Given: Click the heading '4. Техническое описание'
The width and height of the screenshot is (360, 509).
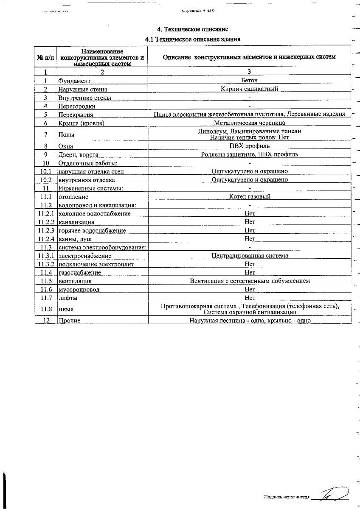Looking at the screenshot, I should [x=193, y=29].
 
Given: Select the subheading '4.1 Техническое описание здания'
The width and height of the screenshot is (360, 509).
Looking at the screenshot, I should [x=193, y=39].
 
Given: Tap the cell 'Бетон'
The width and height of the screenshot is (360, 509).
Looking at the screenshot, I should [x=250, y=80].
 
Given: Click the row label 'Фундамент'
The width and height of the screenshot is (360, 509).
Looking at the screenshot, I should [x=74, y=81].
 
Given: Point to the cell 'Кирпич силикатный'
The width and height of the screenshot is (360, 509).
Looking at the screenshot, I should [x=250, y=89].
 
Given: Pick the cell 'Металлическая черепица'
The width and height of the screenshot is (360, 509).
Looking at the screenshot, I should [x=250, y=123].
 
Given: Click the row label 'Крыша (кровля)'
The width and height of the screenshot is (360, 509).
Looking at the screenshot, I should [x=81, y=123].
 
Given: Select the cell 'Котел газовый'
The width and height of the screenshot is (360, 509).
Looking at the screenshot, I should [x=250, y=196].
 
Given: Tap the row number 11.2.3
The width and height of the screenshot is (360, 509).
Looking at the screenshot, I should [x=46, y=230].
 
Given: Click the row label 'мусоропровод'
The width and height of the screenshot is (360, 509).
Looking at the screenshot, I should [x=79, y=290].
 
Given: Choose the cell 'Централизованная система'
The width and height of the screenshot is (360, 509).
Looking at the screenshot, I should [x=250, y=256].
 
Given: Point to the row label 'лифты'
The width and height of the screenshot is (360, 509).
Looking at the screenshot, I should [x=67, y=298].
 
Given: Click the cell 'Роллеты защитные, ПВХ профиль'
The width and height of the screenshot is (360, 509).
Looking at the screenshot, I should [x=250, y=154].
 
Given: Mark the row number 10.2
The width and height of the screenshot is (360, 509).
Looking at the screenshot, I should [x=46, y=180].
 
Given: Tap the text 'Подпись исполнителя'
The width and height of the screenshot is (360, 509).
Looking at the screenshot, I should [x=287, y=497].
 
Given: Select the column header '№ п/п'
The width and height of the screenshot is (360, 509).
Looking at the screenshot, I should [x=46, y=57].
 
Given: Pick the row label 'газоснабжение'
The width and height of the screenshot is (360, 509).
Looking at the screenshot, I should [x=80, y=273].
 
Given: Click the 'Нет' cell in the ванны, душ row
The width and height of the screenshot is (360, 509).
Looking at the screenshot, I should [x=250, y=239].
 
